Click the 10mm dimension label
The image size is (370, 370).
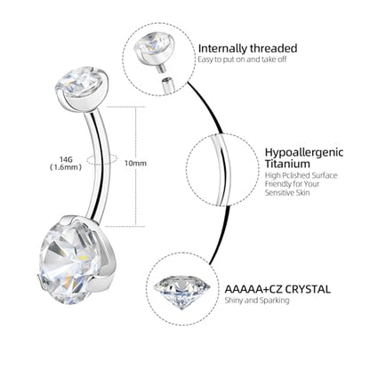pyautogui.click(x=135, y=163)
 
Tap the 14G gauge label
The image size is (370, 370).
pyautogui.click(x=65, y=160)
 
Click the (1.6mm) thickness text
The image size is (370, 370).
pyautogui.click(x=65, y=167)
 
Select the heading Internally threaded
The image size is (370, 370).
pyautogui.click(x=247, y=48)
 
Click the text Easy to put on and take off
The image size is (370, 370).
pyautogui.click(x=242, y=60)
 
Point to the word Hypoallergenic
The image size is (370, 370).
pyautogui.click(x=304, y=152)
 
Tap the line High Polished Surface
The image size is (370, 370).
pyautogui.click(x=301, y=175)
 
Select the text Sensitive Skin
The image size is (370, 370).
pyautogui.click(x=287, y=193)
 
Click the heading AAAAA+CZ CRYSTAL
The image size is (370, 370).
pyautogui.click(x=277, y=289)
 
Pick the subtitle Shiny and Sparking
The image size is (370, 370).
pyautogui.click(x=257, y=301)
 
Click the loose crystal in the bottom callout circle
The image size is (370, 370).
pyautogui.click(x=182, y=292)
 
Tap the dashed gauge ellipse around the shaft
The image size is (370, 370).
pyautogui.click(x=102, y=159)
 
